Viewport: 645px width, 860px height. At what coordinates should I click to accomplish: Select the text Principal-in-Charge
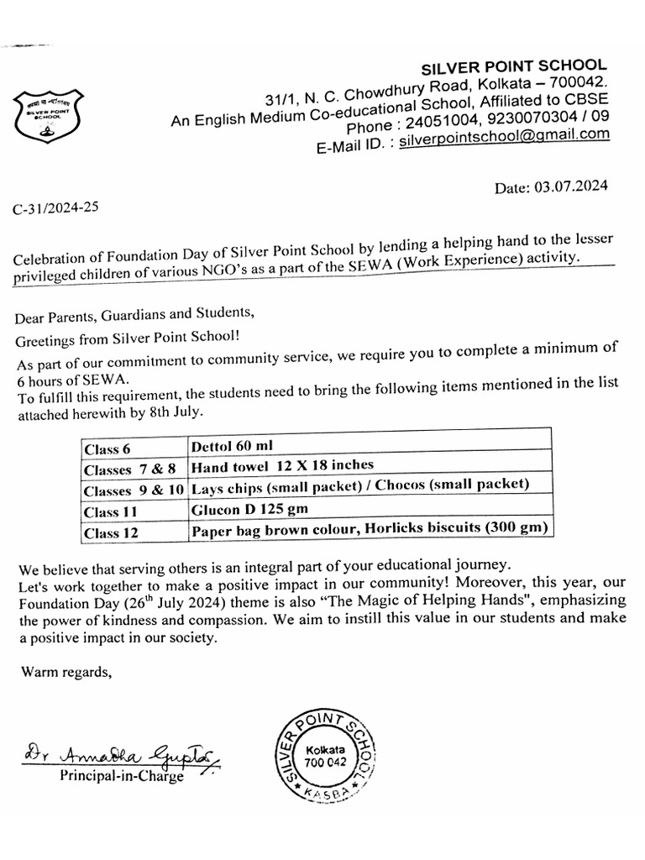click(x=122, y=777)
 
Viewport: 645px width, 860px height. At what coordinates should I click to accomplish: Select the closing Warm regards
click(x=65, y=671)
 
